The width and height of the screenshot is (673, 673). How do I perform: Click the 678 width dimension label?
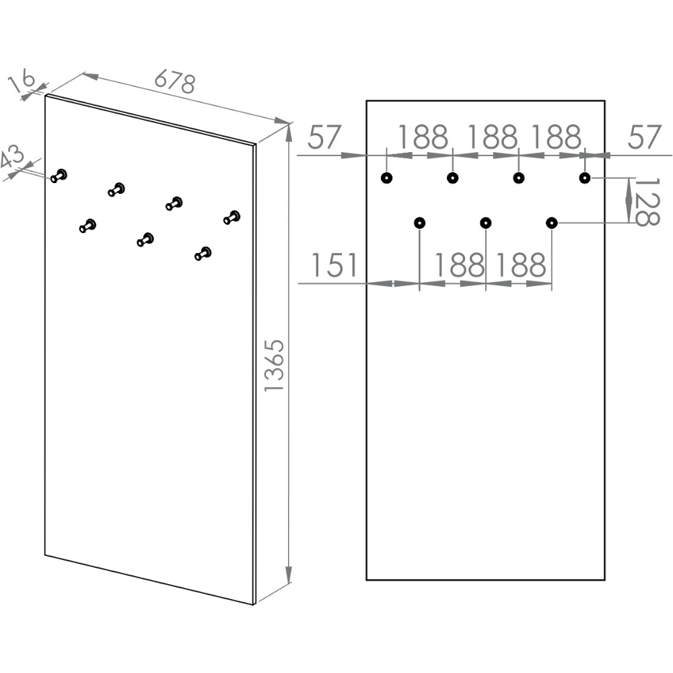tap(175, 81)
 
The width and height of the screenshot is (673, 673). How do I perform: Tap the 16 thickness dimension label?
tap(22, 81)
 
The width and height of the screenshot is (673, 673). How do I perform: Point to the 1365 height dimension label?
tap(275, 365)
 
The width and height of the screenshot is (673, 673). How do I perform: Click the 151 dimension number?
tap(334, 265)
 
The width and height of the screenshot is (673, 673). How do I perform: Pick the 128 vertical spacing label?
tap(647, 201)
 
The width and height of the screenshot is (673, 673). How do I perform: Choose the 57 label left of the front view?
tap(326, 138)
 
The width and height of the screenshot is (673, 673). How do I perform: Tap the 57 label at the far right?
tap(645, 138)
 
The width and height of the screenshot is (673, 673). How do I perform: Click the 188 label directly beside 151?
tap(459, 265)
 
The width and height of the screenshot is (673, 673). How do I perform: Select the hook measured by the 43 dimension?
tap(60, 175)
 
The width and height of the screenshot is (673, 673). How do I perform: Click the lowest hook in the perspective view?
tap(203, 253)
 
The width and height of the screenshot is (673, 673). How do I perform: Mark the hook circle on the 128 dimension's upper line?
tap(585, 178)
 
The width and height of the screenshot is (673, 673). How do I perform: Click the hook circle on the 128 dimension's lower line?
tap(552, 223)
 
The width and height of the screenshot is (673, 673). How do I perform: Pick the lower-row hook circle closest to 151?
tap(419, 223)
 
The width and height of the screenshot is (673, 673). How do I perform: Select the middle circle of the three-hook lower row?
tap(485, 223)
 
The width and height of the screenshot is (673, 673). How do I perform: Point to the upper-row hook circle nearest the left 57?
tap(386, 178)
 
